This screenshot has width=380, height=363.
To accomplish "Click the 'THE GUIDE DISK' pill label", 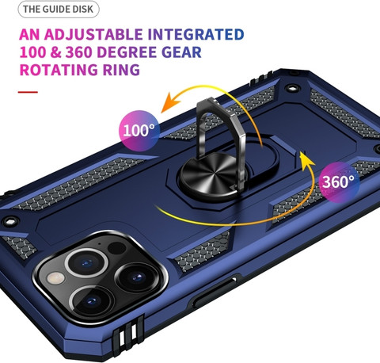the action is pyautogui.click(x=59, y=10).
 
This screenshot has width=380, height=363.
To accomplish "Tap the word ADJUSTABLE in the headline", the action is pyautogui.click(x=93, y=35).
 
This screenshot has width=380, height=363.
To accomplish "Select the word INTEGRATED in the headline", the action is pyautogui.click(x=196, y=35).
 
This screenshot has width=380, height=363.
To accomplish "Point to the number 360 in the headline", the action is pyautogui.click(x=78, y=52).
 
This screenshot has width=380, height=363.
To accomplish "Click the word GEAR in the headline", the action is pyautogui.click(x=181, y=52).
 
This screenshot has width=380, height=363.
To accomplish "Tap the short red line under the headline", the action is pyautogui.click(x=28, y=92).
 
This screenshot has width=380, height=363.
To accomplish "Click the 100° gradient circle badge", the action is pyautogui.click(x=139, y=131).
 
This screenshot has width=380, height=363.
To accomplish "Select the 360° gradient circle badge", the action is pyautogui.click(x=339, y=182).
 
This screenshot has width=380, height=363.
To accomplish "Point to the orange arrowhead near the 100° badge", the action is pyautogui.click(x=170, y=103).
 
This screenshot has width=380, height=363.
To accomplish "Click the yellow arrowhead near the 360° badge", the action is pyautogui.click(x=306, y=160).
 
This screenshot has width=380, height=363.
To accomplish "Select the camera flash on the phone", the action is pyautogui.click(x=55, y=278).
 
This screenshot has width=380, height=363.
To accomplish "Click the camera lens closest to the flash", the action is pyautogui.click(x=86, y=263).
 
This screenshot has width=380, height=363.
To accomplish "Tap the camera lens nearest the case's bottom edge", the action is pyautogui.click(x=92, y=301).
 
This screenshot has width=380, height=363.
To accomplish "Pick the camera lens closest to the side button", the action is pyautogui.click(x=137, y=277).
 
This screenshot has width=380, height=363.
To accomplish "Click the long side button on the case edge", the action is pyautogui.click(x=215, y=292).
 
